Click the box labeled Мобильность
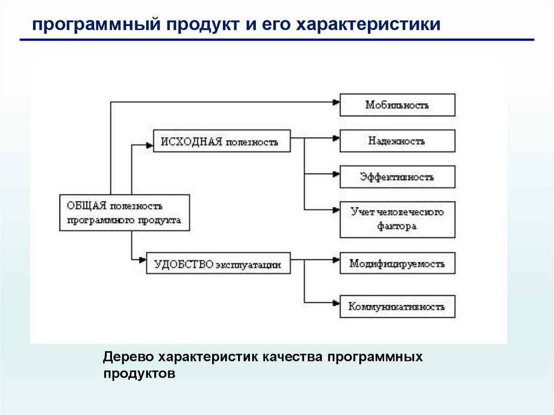coord(397,105)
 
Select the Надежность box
coord(397,141)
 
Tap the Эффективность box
coord(397,177)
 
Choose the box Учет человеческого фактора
coord(397,219)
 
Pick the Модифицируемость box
coord(397,264)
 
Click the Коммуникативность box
coord(397,306)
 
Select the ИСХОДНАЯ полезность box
coord(222,141)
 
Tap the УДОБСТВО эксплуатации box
coord(218,265)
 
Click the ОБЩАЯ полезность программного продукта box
coord(124,213)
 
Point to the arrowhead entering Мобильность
coord(335,101)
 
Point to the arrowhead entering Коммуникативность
coord(335,302)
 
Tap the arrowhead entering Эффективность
coord(335,174)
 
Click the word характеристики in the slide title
coord(368,24)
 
